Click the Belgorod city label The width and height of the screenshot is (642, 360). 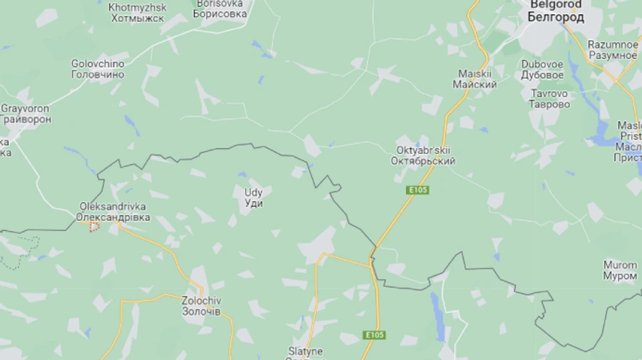556,11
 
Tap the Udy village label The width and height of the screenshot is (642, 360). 253,197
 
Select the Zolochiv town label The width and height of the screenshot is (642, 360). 201,307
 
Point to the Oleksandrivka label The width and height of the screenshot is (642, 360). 114,212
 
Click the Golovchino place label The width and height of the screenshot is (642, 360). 98,68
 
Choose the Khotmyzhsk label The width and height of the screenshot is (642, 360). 138,12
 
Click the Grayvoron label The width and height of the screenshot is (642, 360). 26,114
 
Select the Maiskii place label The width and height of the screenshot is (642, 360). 475,79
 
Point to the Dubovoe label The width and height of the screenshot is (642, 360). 542,69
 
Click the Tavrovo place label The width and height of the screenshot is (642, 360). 550,98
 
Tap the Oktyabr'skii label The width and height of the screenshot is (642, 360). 423,155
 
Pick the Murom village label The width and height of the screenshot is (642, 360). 620,270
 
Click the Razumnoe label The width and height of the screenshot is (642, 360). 612,50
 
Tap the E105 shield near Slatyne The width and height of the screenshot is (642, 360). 374,335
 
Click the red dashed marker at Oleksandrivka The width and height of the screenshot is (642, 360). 93,225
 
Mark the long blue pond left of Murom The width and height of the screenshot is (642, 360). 436,309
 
